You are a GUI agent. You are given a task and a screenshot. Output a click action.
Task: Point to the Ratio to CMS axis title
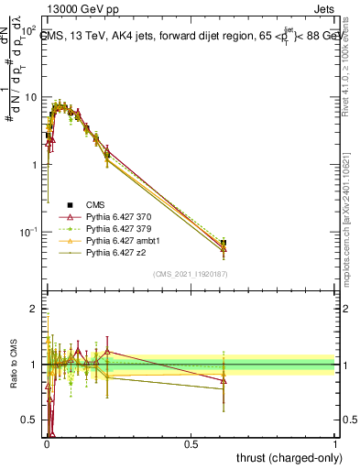click(x=13, y=365)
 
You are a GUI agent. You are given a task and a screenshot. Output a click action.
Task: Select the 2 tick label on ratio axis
click(x=33, y=310)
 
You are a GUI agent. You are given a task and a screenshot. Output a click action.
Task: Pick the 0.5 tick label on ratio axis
click(x=29, y=420)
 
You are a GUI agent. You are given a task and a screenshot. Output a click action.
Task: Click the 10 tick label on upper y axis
click(x=29, y=97)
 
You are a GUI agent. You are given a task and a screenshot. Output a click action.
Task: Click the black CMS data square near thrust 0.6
click(x=224, y=244)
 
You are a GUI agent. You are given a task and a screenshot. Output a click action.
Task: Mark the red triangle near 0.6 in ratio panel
click(x=224, y=380)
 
